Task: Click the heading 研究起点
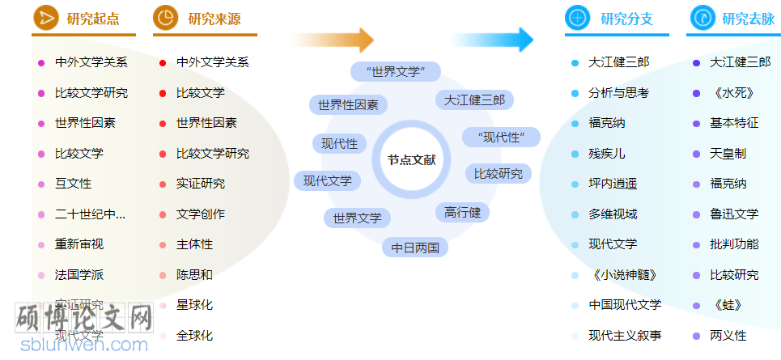coord(92,19)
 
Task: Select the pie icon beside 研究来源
coord(165,18)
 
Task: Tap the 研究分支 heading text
coord(626,19)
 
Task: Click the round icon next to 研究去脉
coord(702,18)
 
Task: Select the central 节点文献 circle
coord(411,160)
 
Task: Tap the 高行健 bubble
coord(462,213)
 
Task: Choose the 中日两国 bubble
coord(414,248)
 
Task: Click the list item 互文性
coord(73,184)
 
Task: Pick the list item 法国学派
coord(79,275)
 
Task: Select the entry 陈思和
coord(194,275)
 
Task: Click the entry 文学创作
coord(200,214)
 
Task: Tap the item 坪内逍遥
coord(612,184)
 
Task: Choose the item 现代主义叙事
coord(624,335)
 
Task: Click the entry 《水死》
coord(728,93)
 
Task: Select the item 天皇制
coord(728,153)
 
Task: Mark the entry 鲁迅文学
coord(733,214)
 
